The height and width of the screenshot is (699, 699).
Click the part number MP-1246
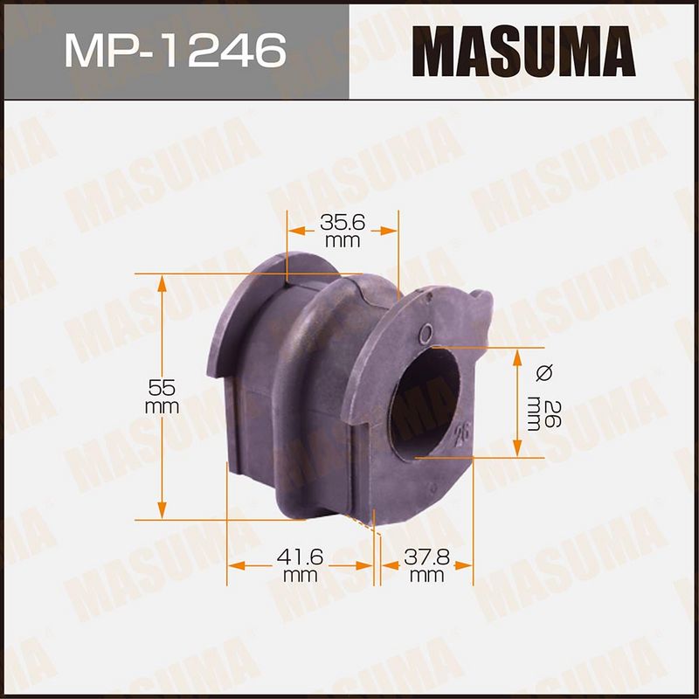pos(176,51)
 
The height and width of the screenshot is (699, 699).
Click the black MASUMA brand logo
pos(523,52)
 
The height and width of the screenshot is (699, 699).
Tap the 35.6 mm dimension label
pos(343,231)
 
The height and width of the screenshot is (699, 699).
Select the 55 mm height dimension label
pos(162,397)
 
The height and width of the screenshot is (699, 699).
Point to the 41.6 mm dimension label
pos(300,565)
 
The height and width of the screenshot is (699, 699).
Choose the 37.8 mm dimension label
pos(426,565)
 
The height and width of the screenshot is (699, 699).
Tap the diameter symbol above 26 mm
pos(544,372)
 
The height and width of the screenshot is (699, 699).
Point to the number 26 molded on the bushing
pos(462,433)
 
